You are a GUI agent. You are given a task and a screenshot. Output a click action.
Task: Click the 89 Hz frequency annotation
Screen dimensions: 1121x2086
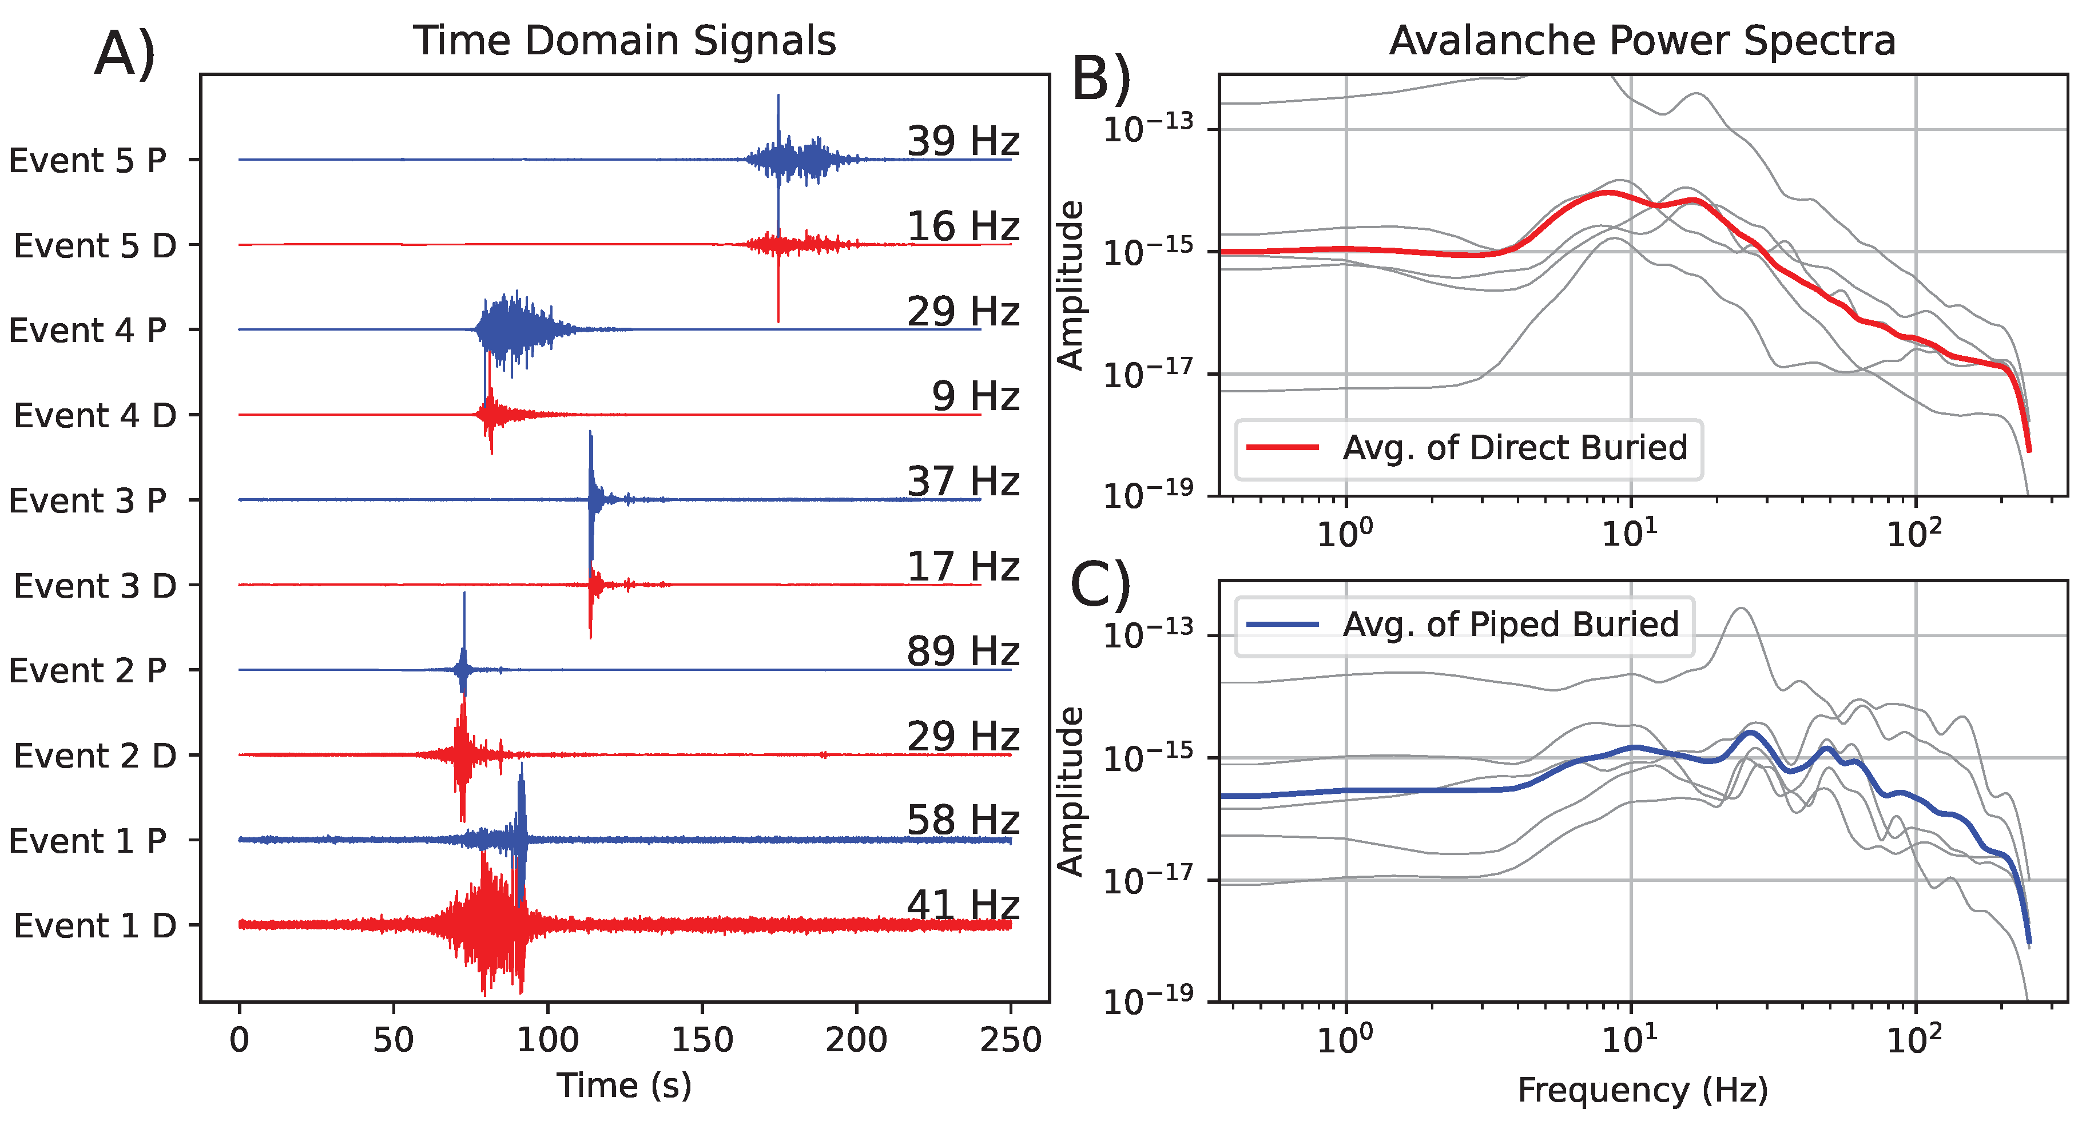(962, 651)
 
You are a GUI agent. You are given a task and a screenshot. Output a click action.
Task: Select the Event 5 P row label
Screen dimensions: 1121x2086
(88, 160)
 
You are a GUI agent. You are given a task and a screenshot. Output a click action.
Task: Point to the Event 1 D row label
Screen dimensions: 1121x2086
(95, 926)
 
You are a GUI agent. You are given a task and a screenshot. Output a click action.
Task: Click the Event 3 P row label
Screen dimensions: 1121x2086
(88, 500)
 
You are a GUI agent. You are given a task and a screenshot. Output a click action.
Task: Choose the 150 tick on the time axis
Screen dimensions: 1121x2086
(702, 1039)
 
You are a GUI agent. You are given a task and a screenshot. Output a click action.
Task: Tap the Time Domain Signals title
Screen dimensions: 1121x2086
(625, 41)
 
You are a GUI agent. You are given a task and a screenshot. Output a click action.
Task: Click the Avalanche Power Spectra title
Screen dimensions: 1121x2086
(1642, 41)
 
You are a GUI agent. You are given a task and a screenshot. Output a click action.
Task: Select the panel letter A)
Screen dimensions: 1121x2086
(125, 53)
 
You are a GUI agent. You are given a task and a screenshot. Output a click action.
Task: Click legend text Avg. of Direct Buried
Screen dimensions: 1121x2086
(1514, 447)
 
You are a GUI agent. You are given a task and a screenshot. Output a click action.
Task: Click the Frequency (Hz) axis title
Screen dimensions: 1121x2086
(1642, 1090)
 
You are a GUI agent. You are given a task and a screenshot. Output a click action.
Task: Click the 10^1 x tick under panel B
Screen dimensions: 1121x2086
(1630, 534)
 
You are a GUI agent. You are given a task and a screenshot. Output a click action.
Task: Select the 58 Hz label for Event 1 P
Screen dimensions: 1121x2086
(962, 821)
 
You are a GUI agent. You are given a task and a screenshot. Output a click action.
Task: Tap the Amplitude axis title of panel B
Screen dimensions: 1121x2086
(1071, 285)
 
